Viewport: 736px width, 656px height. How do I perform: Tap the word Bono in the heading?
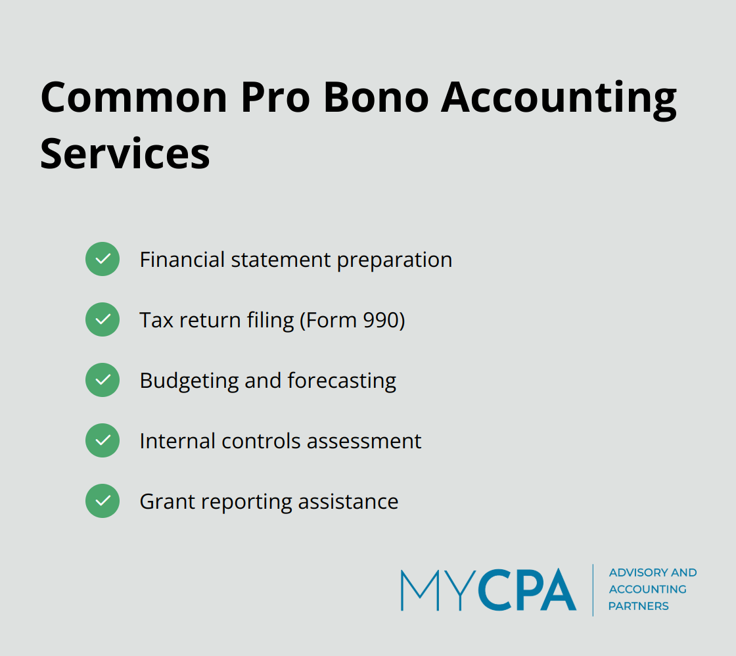375,97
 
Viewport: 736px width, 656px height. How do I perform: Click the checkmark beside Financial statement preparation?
103,259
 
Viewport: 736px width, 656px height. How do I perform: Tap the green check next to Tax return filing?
103,319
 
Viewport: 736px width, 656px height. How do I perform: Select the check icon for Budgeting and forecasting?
103,380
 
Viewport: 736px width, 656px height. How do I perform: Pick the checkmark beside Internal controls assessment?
103,440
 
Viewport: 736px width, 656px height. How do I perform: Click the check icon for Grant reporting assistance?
103,501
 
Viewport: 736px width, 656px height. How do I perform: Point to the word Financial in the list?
183,260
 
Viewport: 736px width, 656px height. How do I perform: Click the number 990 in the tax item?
380,320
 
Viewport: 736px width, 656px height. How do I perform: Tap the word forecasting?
342,381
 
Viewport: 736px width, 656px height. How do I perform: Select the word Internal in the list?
177,440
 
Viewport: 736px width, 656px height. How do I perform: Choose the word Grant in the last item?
167,502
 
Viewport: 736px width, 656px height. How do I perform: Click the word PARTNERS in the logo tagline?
638,606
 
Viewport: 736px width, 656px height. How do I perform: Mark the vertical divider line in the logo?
593,590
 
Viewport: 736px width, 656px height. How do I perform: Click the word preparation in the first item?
394,260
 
